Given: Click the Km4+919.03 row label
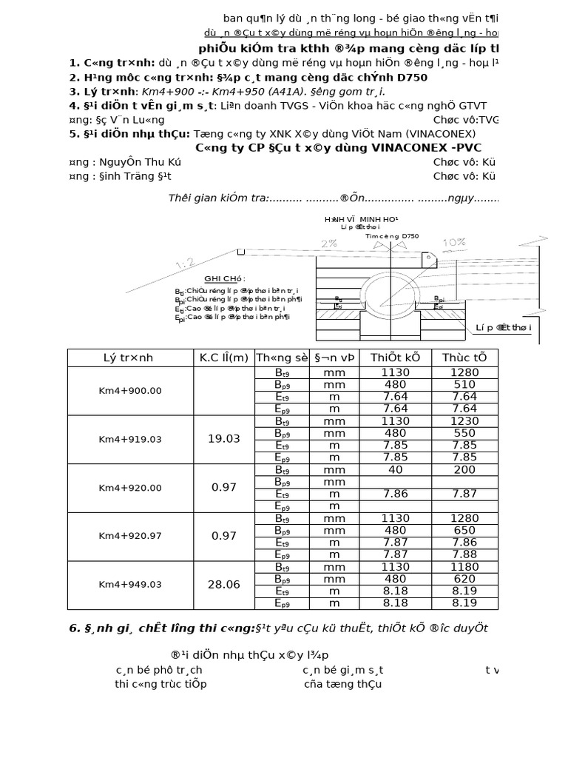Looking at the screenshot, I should pos(129,439).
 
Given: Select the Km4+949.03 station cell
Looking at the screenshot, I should pos(129,585).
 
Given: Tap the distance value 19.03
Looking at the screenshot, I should pos(223,439).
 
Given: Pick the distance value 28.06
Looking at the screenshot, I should pos(223,585).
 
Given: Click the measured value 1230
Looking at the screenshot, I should pos(464,420).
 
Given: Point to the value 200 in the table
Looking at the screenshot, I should pos(464,469).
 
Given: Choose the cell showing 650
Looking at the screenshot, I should pos(464,530).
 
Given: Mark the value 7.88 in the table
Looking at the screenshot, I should pos(464,554).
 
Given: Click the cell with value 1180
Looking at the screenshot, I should pos(464,566).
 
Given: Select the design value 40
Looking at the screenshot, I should pos(396,469).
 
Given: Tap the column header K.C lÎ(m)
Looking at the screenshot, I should pos(223,358).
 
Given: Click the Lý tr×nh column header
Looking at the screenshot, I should pos(129,358).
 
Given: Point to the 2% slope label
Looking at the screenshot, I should pos(329,244).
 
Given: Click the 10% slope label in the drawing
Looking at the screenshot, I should pos(453,243).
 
